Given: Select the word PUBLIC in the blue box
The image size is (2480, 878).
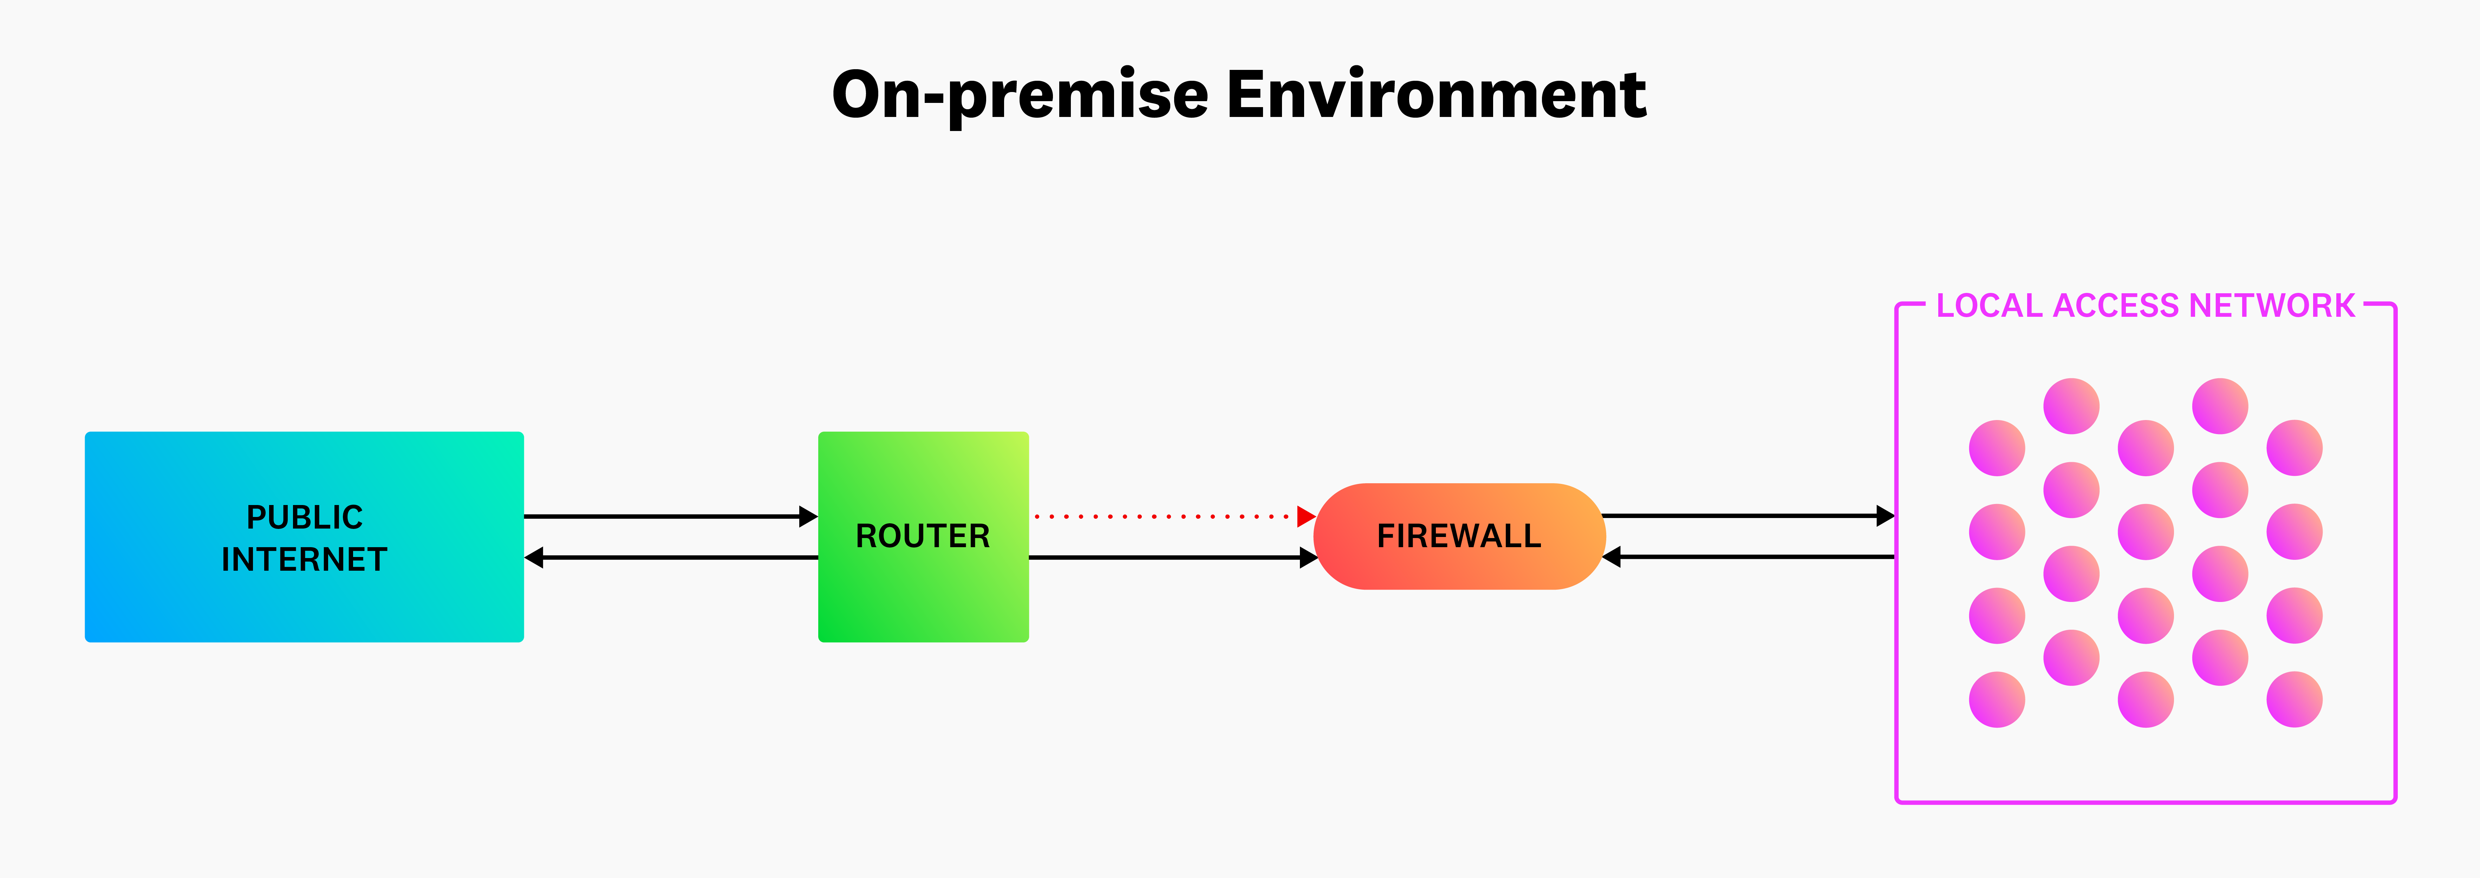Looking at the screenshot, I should tap(304, 517).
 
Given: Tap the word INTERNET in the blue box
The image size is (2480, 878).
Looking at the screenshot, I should tap(304, 559).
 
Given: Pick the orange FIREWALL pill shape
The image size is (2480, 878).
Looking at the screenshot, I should tap(1459, 536).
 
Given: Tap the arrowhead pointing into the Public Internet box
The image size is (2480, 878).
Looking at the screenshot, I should tap(534, 557).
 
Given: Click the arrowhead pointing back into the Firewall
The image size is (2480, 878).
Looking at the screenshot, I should tap(1613, 556).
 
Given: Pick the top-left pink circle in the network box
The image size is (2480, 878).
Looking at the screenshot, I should tap(1997, 448).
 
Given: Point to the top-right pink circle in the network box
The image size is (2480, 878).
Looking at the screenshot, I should tap(2294, 448).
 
